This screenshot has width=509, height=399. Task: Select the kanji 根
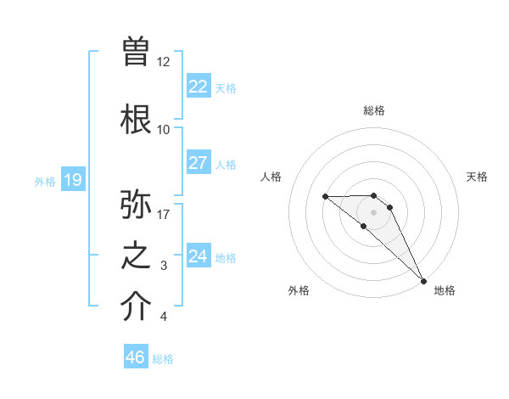coord(136,118)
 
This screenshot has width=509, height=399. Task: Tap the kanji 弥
coord(136,204)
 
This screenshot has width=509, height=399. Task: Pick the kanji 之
coord(136,256)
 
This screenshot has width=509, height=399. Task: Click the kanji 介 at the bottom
coord(136,306)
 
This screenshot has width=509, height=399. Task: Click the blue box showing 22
coord(199,86)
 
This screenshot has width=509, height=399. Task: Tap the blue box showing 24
coord(199,256)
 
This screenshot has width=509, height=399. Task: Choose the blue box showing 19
coord(72,179)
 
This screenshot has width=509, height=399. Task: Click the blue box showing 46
coord(136,357)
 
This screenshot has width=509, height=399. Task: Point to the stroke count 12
coord(163,62)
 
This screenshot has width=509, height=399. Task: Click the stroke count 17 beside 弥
coord(163,214)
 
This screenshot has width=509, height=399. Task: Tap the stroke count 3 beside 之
coord(163,266)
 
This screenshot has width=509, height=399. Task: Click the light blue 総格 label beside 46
coord(164,359)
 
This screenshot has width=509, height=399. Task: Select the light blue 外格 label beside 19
coord(45,181)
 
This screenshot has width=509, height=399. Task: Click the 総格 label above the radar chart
coord(374,110)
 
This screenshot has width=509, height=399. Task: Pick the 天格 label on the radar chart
coord(478,177)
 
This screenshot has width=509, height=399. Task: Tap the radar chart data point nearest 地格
coord(423,280)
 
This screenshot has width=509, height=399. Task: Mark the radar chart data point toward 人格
coord(325,197)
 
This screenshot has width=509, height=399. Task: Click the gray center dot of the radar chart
coord(374,211)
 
